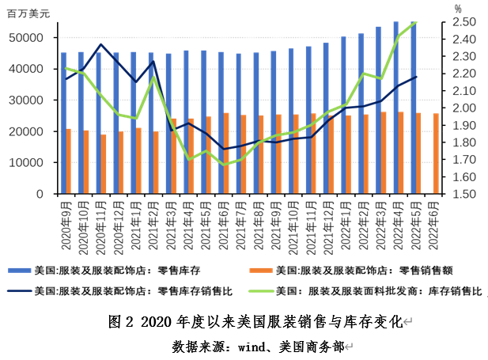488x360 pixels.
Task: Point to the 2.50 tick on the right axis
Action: point(464,22)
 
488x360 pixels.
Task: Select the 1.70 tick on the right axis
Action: point(464,160)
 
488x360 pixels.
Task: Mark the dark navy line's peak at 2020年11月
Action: point(101,44)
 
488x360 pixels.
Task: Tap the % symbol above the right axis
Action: point(458,8)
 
